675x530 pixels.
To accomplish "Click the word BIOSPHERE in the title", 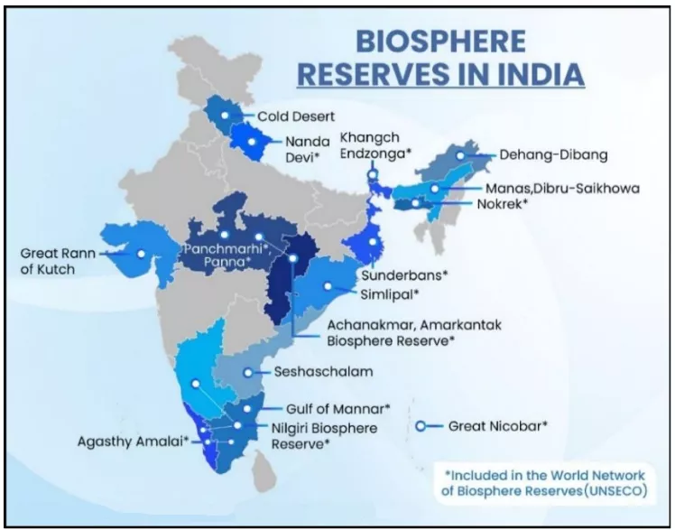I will [440, 42].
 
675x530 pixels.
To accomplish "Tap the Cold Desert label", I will [296, 116].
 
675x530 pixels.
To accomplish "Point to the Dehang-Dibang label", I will [553, 155].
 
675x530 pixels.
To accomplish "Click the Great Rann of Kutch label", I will [57, 261].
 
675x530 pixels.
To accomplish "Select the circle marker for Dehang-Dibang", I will [460, 155].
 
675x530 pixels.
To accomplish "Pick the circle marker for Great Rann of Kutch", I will [141, 255].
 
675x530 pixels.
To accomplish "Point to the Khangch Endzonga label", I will [374, 144].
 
